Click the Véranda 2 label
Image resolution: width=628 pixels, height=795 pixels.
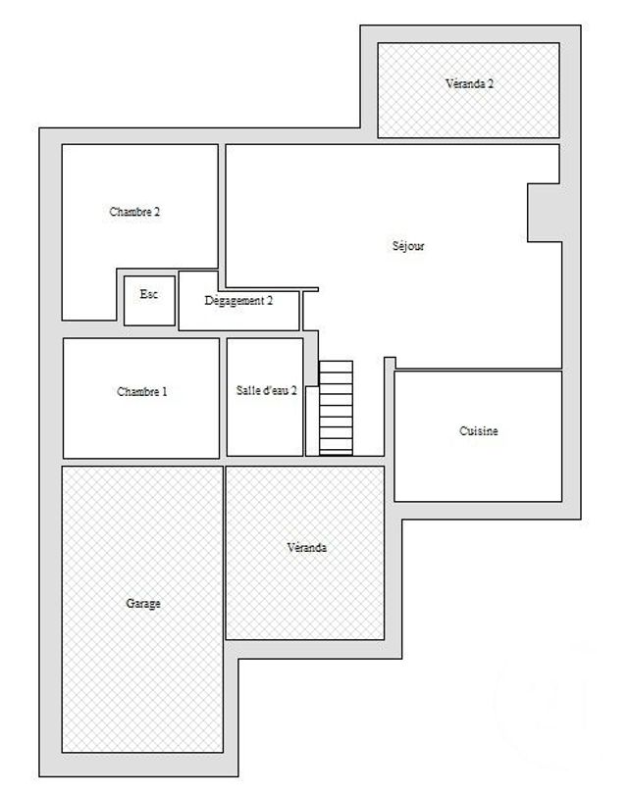(x=469, y=84)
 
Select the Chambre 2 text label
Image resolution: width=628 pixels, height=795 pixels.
(x=134, y=212)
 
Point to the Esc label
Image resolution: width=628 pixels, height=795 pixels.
(x=149, y=293)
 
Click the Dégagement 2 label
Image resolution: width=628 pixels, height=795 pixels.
(x=238, y=301)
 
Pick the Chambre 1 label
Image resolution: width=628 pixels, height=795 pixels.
(x=141, y=392)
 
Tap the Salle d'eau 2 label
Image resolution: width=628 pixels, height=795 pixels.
(x=266, y=391)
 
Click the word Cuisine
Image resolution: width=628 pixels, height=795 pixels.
(x=479, y=431)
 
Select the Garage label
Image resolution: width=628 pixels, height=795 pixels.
(x=143, y=604)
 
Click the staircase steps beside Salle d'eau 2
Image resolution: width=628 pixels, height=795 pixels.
(x=336, y=408)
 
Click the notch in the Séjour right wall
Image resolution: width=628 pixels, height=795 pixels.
(x=545, y=212)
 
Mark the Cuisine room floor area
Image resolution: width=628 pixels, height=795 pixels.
(x=478, y=466)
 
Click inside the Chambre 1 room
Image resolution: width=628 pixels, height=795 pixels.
(x=141, y=422)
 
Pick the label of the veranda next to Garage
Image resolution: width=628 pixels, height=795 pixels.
(x=307, y=548)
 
